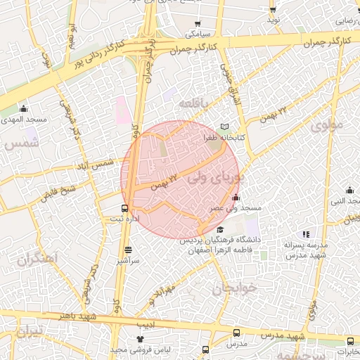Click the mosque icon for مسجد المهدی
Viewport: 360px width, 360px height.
(x=24, y=109)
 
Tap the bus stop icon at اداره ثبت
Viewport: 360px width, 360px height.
(x=124, y=208)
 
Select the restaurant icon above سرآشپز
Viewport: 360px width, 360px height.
(x=127, y=250)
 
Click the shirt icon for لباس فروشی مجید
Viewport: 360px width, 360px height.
(x=139, y=340)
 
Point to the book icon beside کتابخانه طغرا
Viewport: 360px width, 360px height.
(x=224, y=127)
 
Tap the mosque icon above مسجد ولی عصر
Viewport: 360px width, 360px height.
(x=236, y=197)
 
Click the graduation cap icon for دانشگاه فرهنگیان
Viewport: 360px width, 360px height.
(x=220, y=229)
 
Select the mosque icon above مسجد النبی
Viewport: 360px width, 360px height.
(x=349, y=190)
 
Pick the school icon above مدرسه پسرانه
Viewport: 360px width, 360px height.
(x=305, y=234)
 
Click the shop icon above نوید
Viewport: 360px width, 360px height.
(x=273, y=8)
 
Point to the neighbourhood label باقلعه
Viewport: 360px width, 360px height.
(x=194, y=103)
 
